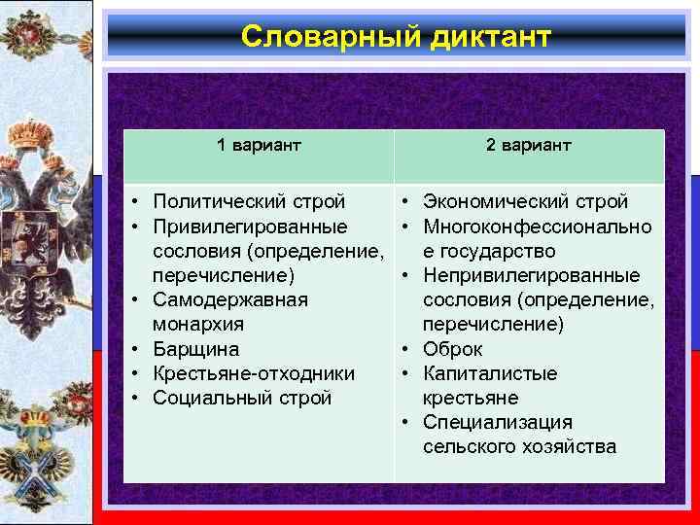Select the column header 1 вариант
tap(259, 145)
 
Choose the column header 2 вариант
tap(529, 145)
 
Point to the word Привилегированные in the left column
tap(251, 227)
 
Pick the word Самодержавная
tap(231, 299)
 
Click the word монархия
tap(199, 324)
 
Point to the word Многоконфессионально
tap(538, 227)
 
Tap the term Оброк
tap(453, 348)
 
